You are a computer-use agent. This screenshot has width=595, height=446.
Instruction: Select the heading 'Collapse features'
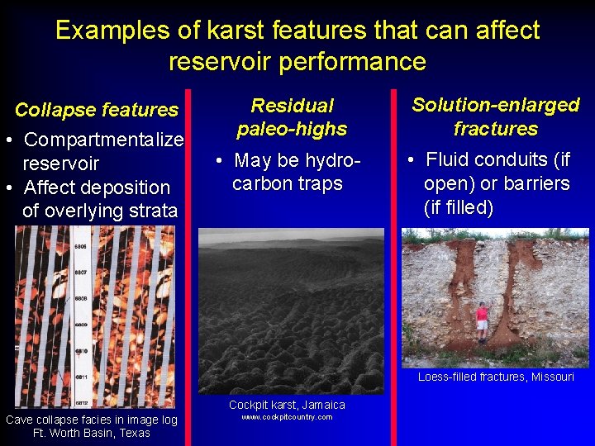[97, 110]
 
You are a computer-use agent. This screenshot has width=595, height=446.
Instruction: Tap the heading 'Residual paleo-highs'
[292, 117]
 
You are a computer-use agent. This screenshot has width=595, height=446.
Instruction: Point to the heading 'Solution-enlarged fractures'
[495, 116]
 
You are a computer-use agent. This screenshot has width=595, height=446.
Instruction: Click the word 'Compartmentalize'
[102, 140]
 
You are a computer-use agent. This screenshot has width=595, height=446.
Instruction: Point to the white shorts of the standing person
[482, 325]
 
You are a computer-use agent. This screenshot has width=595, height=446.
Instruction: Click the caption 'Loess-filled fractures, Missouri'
[496, 377]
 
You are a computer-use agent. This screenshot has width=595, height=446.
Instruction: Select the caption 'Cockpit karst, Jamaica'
[287, 405]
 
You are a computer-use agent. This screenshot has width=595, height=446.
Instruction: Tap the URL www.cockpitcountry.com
[287, 417]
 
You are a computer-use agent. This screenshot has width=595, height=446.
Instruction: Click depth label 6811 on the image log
[81, 377]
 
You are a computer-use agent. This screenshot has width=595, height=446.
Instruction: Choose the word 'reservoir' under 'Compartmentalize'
[61, 164]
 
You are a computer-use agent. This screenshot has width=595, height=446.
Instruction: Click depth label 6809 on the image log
[81, 324]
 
